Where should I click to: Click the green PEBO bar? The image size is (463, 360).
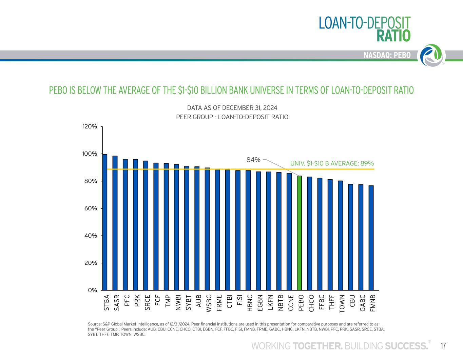click(x=299, y=233)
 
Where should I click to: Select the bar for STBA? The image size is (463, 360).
click(x=105, y=222)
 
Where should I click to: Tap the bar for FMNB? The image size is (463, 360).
click(x=371, y=238)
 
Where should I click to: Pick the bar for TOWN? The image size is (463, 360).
click(x=340, y=236)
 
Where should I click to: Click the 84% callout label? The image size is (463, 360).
click(x=253, y=160)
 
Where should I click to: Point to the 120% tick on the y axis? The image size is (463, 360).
click(x=90, y=126)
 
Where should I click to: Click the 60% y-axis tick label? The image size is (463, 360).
click(x=90, y=208)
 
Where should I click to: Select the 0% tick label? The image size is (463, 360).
click(x=93, y=290)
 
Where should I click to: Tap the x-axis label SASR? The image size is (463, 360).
click(x=116, y=302)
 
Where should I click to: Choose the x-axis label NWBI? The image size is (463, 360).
click(x=177, y=302)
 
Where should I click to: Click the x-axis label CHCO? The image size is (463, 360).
click(x=311, y=303)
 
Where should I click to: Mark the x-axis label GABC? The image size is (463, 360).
click(x=362, y=303)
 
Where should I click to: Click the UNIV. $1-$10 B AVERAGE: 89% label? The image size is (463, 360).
click(x=332, y=163)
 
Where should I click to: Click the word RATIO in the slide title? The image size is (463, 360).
click(x=394, y=36)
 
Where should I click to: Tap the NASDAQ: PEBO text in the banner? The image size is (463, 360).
click(x=387, y=55)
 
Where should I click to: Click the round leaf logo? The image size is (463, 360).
click(x=432, y=55)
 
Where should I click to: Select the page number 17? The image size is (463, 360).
click(x=443, y=346)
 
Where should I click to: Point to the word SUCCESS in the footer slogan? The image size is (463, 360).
click(x=406, y=346)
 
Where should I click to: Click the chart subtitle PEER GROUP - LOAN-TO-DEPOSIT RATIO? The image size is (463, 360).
click(x=232, y=117)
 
